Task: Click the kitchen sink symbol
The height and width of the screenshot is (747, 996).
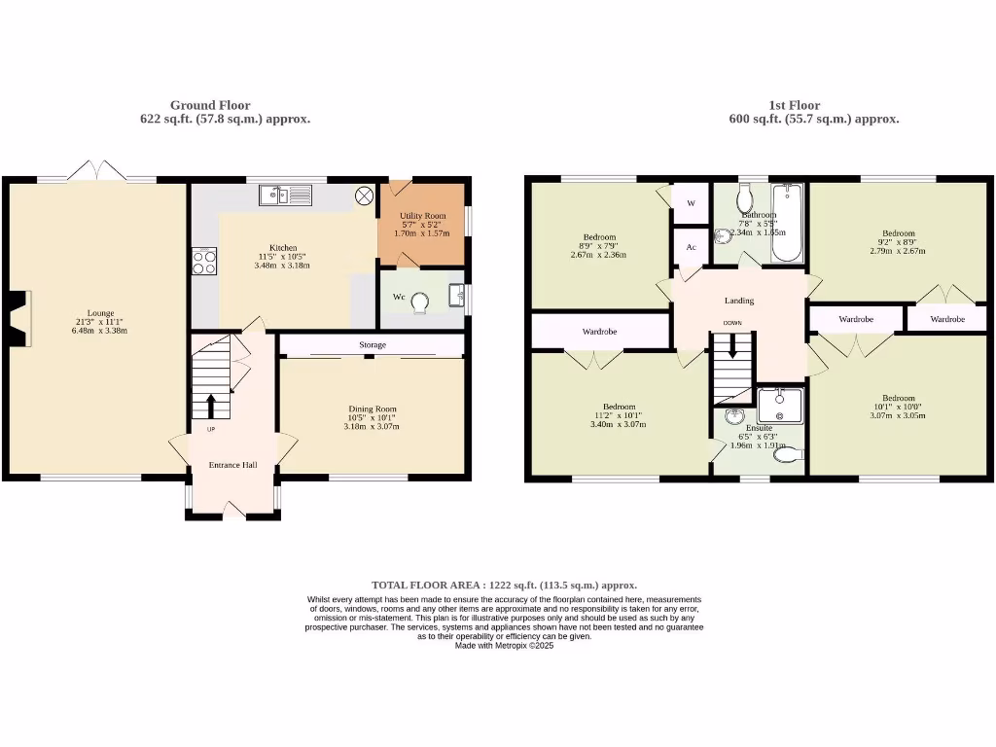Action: click(284, 196)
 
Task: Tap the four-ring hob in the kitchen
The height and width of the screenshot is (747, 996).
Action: click(204, 261)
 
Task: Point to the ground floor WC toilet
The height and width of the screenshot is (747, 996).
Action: click(420, 303)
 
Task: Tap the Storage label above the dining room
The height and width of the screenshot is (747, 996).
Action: click(372, 345)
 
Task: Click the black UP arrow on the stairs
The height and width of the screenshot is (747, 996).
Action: click(211, 404)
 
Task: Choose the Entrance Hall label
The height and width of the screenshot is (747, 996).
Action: click(233, 465)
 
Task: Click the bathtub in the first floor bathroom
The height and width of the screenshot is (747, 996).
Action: click(786, 223)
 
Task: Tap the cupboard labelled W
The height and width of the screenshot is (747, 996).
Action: click(691, 203)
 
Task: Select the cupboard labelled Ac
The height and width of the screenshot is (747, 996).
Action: click(691, 247)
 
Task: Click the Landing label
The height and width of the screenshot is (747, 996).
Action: click(739, 301)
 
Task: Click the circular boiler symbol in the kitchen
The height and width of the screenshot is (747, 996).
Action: click(365, 196)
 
